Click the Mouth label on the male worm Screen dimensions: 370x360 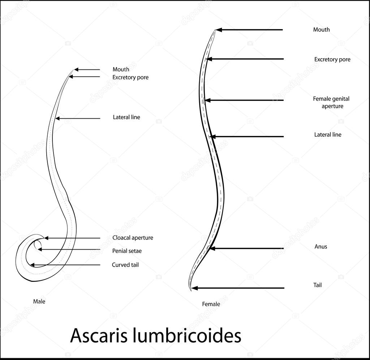point(121,69)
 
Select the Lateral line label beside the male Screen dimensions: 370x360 point(126,117)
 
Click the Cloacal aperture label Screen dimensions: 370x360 point(133,238)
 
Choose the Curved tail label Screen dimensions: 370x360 point(125,265)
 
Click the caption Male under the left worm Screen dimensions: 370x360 point(39,301)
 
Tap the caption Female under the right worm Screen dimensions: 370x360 point(211,304)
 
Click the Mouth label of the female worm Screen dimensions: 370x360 point(321,30)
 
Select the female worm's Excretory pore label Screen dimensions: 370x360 point(332,59)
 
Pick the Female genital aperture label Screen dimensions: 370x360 point(331,102)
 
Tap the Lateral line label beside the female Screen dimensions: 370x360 point(327,135)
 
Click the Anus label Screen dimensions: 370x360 point(320,246)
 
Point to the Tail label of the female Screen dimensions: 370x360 point(317,285)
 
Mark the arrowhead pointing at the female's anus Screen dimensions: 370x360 point(213,249)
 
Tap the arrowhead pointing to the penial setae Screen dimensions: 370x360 point(40,249)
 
